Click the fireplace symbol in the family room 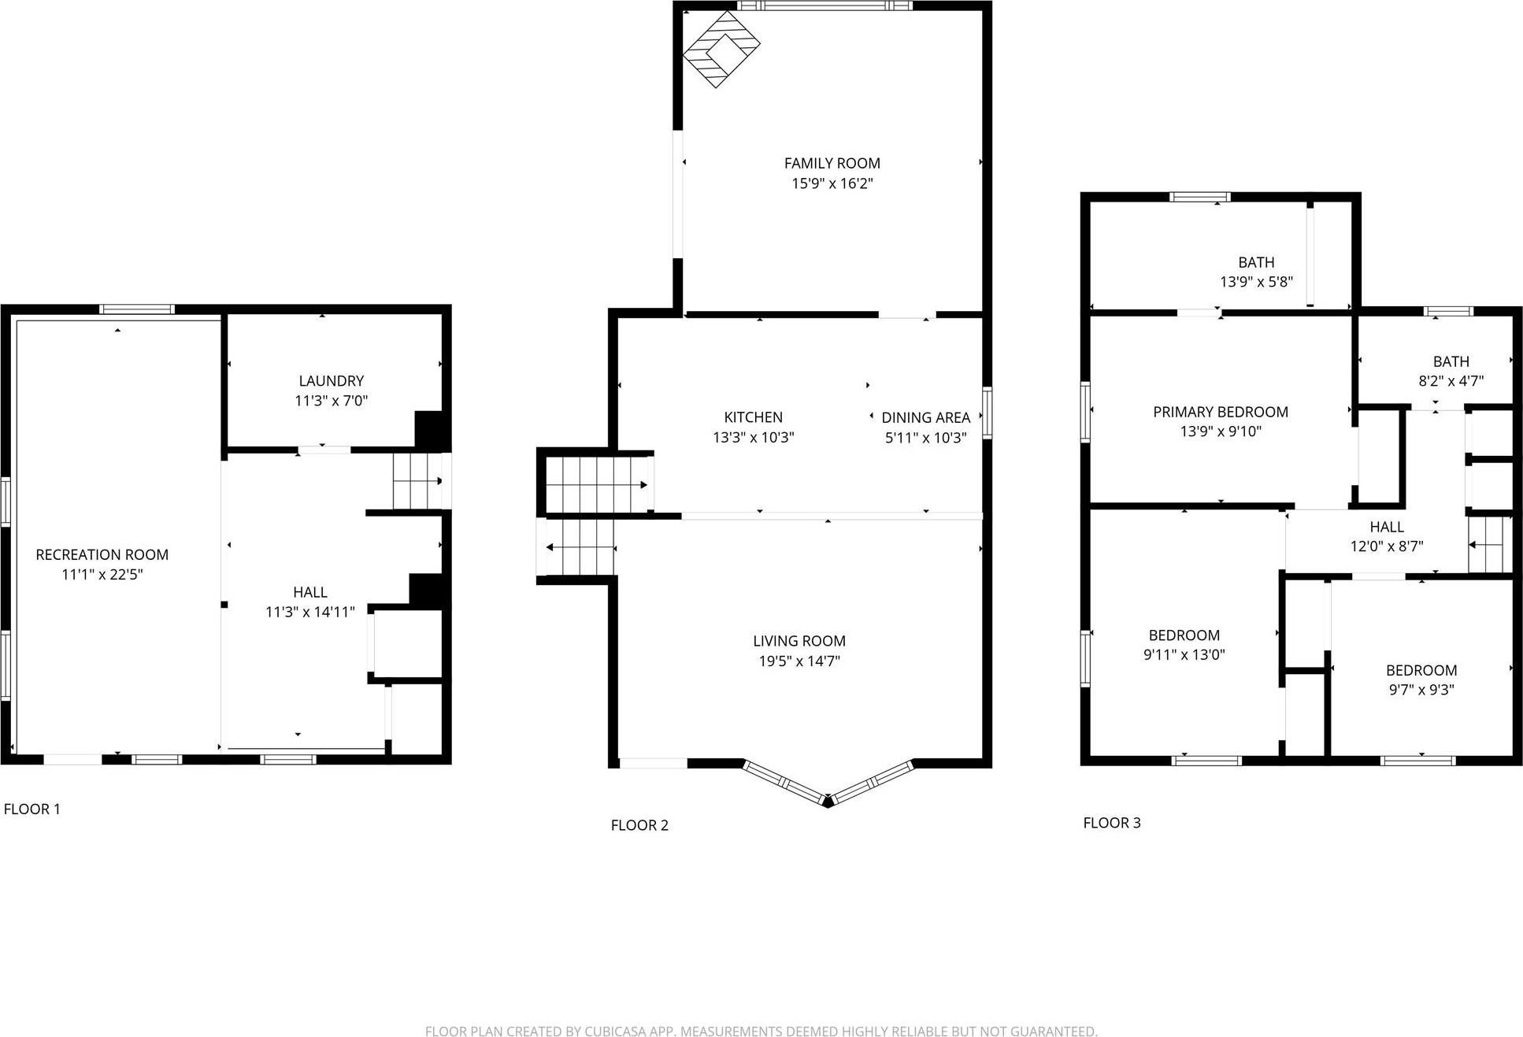pos(721,49)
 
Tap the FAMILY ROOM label pos(832,163)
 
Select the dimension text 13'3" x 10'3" pos(753,437)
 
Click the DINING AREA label pos(925,417)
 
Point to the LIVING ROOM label pos(799,641)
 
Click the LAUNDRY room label pos(331,380)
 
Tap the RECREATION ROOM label pos(102,554)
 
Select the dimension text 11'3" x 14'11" pos(309,612)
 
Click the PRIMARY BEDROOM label pos(1220,412)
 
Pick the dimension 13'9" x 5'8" pos(1256,282)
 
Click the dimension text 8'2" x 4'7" pos(1451,381)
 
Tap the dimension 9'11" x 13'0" pos(1184,654)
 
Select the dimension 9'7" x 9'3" pos(1421,690)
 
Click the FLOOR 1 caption pos(32,809)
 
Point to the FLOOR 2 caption pos(639,825)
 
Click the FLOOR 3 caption pos(1111,823)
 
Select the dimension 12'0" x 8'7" pos(1386,546)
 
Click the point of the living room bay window pos(827,802)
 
